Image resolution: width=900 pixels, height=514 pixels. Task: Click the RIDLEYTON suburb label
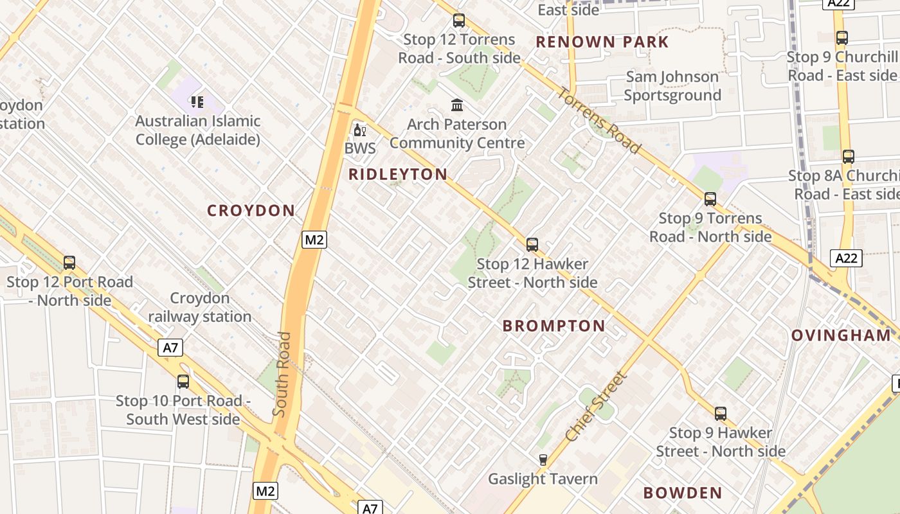pyautogui.click(x=398, y=174)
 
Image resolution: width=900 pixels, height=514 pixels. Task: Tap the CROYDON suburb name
pyautogui.click(x=251, y=211)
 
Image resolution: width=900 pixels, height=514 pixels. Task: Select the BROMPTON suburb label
pyautogui.click(x=553, y=326)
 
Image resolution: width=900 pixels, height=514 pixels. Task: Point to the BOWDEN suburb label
pyautogui.click(x=683, y=493)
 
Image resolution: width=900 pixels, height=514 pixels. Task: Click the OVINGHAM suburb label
pyautogui.click(x=841, y=335)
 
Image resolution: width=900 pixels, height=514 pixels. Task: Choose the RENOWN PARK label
pyautogui.click(x=602, y=42)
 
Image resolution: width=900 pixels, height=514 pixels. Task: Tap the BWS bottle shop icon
pyautogui.click(x=359, y=131)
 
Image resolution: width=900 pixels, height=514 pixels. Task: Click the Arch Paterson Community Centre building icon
pyautogui.click(x=457, y=105)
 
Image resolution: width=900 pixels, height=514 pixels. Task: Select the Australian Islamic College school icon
pyautogui.click(x=197, y=102)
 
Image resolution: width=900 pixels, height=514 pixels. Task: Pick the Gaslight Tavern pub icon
pyautogui.click(x=543, y=459)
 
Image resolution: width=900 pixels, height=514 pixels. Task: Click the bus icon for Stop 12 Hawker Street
pyautogui.click(x=532, y=244)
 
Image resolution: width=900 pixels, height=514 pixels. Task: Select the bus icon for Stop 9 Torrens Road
pyautogui.click(x=710, y=199)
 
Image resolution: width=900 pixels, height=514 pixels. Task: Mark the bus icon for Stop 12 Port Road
pyautogui.click(x=69, y=262)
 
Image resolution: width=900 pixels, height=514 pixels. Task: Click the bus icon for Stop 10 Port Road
pyautogui.click(x=183, y=381)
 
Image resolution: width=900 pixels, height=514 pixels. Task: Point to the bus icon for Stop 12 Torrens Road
pyautogui.click(x=459, y=20)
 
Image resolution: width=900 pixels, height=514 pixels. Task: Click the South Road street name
pyautogui.click(x=283, y=374)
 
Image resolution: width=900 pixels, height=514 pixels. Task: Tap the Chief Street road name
pyautogui.click(x=596, y=406)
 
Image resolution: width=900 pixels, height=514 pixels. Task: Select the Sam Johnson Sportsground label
pyautogui.click(x=672, y=86)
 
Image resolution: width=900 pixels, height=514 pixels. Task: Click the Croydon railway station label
pyautogui.click(x=200, y=307)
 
